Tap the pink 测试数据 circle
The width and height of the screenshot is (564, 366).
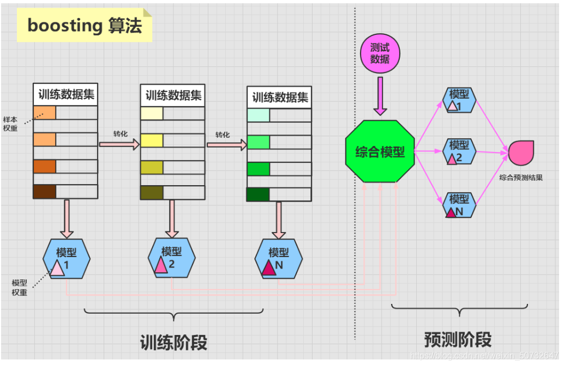tap(380, 54)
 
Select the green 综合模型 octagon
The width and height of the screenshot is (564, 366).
tap(380, 152)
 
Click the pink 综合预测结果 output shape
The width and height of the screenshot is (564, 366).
tap(521, 152)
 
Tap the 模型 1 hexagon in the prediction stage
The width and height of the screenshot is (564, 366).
tap(459, 100)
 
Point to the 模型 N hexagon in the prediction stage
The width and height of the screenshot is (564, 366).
tap(459, 205)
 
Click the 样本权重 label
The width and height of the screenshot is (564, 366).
tap(10, 124)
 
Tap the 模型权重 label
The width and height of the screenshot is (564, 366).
tap(20, 288)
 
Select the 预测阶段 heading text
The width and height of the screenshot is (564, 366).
tap(458, 339)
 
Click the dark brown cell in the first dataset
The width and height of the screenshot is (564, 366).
tap(44, 192)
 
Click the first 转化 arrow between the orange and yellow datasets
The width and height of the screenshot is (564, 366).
tap(119, 144)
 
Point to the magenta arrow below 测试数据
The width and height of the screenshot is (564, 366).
tap(380, 95)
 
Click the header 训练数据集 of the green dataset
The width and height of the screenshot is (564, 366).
tap(280, 98)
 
